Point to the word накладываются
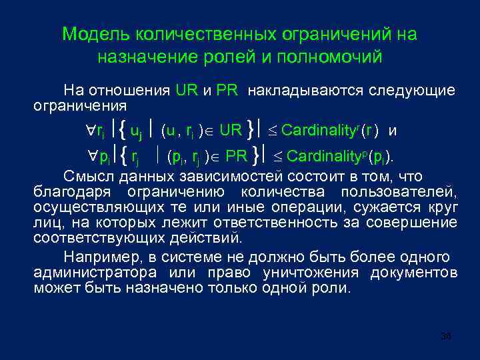click(296, 90)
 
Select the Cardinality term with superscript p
click(325, 158)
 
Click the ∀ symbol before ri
click(91, 131)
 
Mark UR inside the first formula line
click(231, 131)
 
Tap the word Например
click(96, 257)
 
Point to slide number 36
click(446, 337)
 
